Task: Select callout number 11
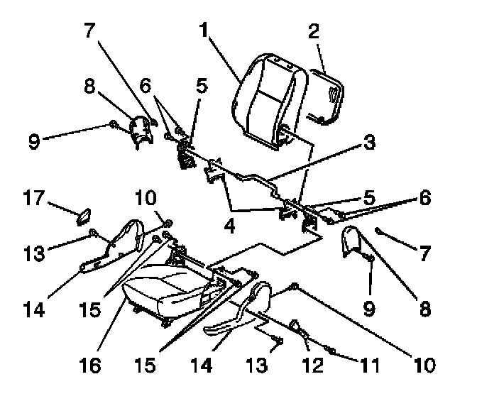click(367, 366)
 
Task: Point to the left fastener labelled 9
click(114, 126)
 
